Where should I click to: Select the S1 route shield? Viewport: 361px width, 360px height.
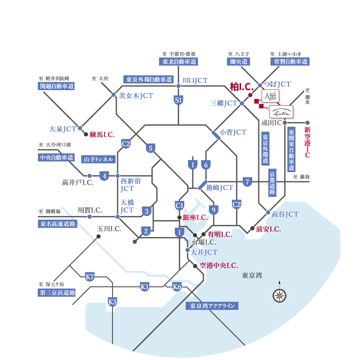[178, 100]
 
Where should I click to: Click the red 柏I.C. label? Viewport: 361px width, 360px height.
[242, 86]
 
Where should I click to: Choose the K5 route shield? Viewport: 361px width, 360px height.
[113, 302]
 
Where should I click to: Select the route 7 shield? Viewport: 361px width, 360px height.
[248, 182]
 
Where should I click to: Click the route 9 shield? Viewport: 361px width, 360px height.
[214, 210]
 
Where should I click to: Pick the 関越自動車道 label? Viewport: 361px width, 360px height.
[57, 86]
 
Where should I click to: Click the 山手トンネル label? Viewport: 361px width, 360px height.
[98, 160]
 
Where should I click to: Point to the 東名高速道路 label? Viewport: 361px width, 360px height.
[57, 224]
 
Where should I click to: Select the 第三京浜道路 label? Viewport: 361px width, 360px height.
[57, 292]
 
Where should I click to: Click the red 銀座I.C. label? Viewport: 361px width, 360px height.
[195, 217]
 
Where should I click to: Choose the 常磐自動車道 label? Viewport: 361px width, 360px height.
[290, 61]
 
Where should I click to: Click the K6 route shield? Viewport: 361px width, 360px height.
[177, 286]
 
